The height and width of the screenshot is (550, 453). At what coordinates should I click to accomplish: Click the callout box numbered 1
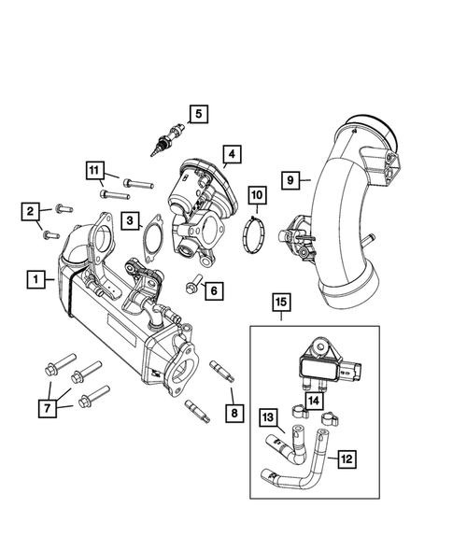(x=35, y=278)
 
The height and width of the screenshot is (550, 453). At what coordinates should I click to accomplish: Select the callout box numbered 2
(x=30, y=211)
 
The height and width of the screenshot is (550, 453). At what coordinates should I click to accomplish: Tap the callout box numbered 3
(x=134, y=221)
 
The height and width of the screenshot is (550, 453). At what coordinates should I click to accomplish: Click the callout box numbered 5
(x=197, y=115)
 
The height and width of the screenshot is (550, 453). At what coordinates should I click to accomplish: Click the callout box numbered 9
(x=291, y=179)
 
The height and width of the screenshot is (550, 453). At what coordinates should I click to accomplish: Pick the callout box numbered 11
(x=94, y=169)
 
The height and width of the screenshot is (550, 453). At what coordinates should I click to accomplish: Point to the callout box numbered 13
(x=267, y=416)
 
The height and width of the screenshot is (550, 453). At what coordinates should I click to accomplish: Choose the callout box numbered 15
(x=281, y=302)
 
